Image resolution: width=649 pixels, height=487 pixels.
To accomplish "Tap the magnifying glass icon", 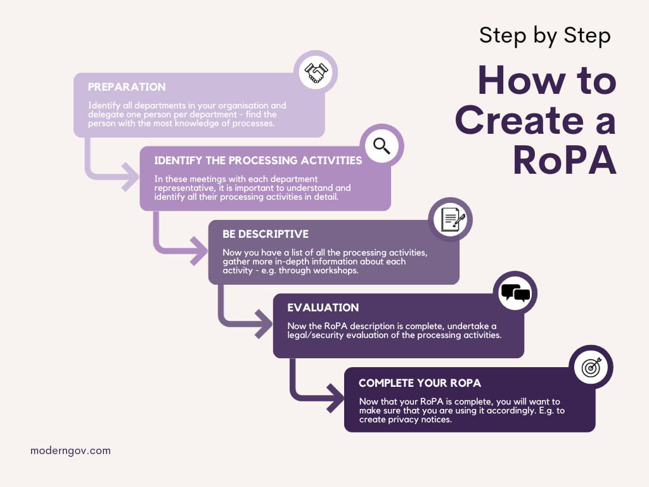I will pyautogui.click(x=382, y=146).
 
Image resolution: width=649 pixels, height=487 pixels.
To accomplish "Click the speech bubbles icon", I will pyautogui.click(x=515, y=292).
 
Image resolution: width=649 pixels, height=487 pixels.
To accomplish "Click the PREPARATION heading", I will pyautogui.click(x=127, y=87).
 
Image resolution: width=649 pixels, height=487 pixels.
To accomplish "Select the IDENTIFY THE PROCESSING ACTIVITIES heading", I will pyautogui.click(x=258, y=160).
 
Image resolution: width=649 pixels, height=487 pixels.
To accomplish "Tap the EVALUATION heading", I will pyautogui.click(x=323, y=308).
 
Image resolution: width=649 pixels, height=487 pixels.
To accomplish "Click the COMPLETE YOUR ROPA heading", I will pyautogui.click(x=420, y=383).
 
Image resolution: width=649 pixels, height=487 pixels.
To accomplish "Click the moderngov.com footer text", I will pyautogui.click(x=70, y=451).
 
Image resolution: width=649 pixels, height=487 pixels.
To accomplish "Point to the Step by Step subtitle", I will pyautogui.click(x=545, y=36).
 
